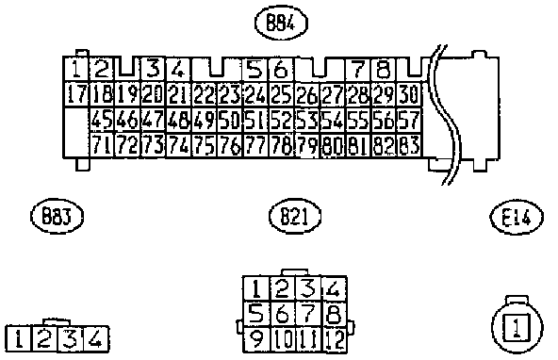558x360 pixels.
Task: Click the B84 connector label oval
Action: pyautogui.click(x=281, y=24)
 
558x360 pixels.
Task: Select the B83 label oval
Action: pyautogui.click(x=57, y=217)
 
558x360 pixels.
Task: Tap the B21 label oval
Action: pyautogui.click(x=295, y=217)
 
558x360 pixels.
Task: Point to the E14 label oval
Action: pyautogui.click(x=517, y=217)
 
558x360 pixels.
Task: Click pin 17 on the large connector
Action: pyautogui.click(x=76, y=94)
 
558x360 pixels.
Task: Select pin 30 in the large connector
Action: pyautogui.click(x=408, y=94)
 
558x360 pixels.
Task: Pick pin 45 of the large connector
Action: pyautogui.click(x=102, y=121)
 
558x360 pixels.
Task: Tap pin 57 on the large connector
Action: pyautogui.click(x=408, y=121)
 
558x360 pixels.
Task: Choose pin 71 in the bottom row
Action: pyautogui.click(x=102, y=145)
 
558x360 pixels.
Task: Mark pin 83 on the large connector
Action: pyautogui.click(x=408, y=145)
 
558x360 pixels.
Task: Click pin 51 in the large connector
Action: pyautogui.click(x=255, y=121)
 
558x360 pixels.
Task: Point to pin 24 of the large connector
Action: pyautogui.click(x=255, y=94)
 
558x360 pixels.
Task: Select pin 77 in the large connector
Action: pyautogui.click(x=255, y=145)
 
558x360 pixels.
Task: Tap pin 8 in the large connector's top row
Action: pyautogui.click(x=383, y=69)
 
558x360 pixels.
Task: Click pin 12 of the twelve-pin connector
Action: pyautogui.click(x=335, y=340)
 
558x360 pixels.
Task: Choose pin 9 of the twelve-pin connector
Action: pyautogui.click(x=256, y=340)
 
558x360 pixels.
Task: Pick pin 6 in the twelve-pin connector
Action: pyautogui.click(x=282, y=315)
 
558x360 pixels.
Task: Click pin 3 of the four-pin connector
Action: pyautogui.click(x=70, y=338)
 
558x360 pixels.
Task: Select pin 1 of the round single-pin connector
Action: pyautogui.click(x=517, y=327)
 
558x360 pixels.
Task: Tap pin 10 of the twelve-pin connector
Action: pyautogui.click(x=282, y=340)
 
